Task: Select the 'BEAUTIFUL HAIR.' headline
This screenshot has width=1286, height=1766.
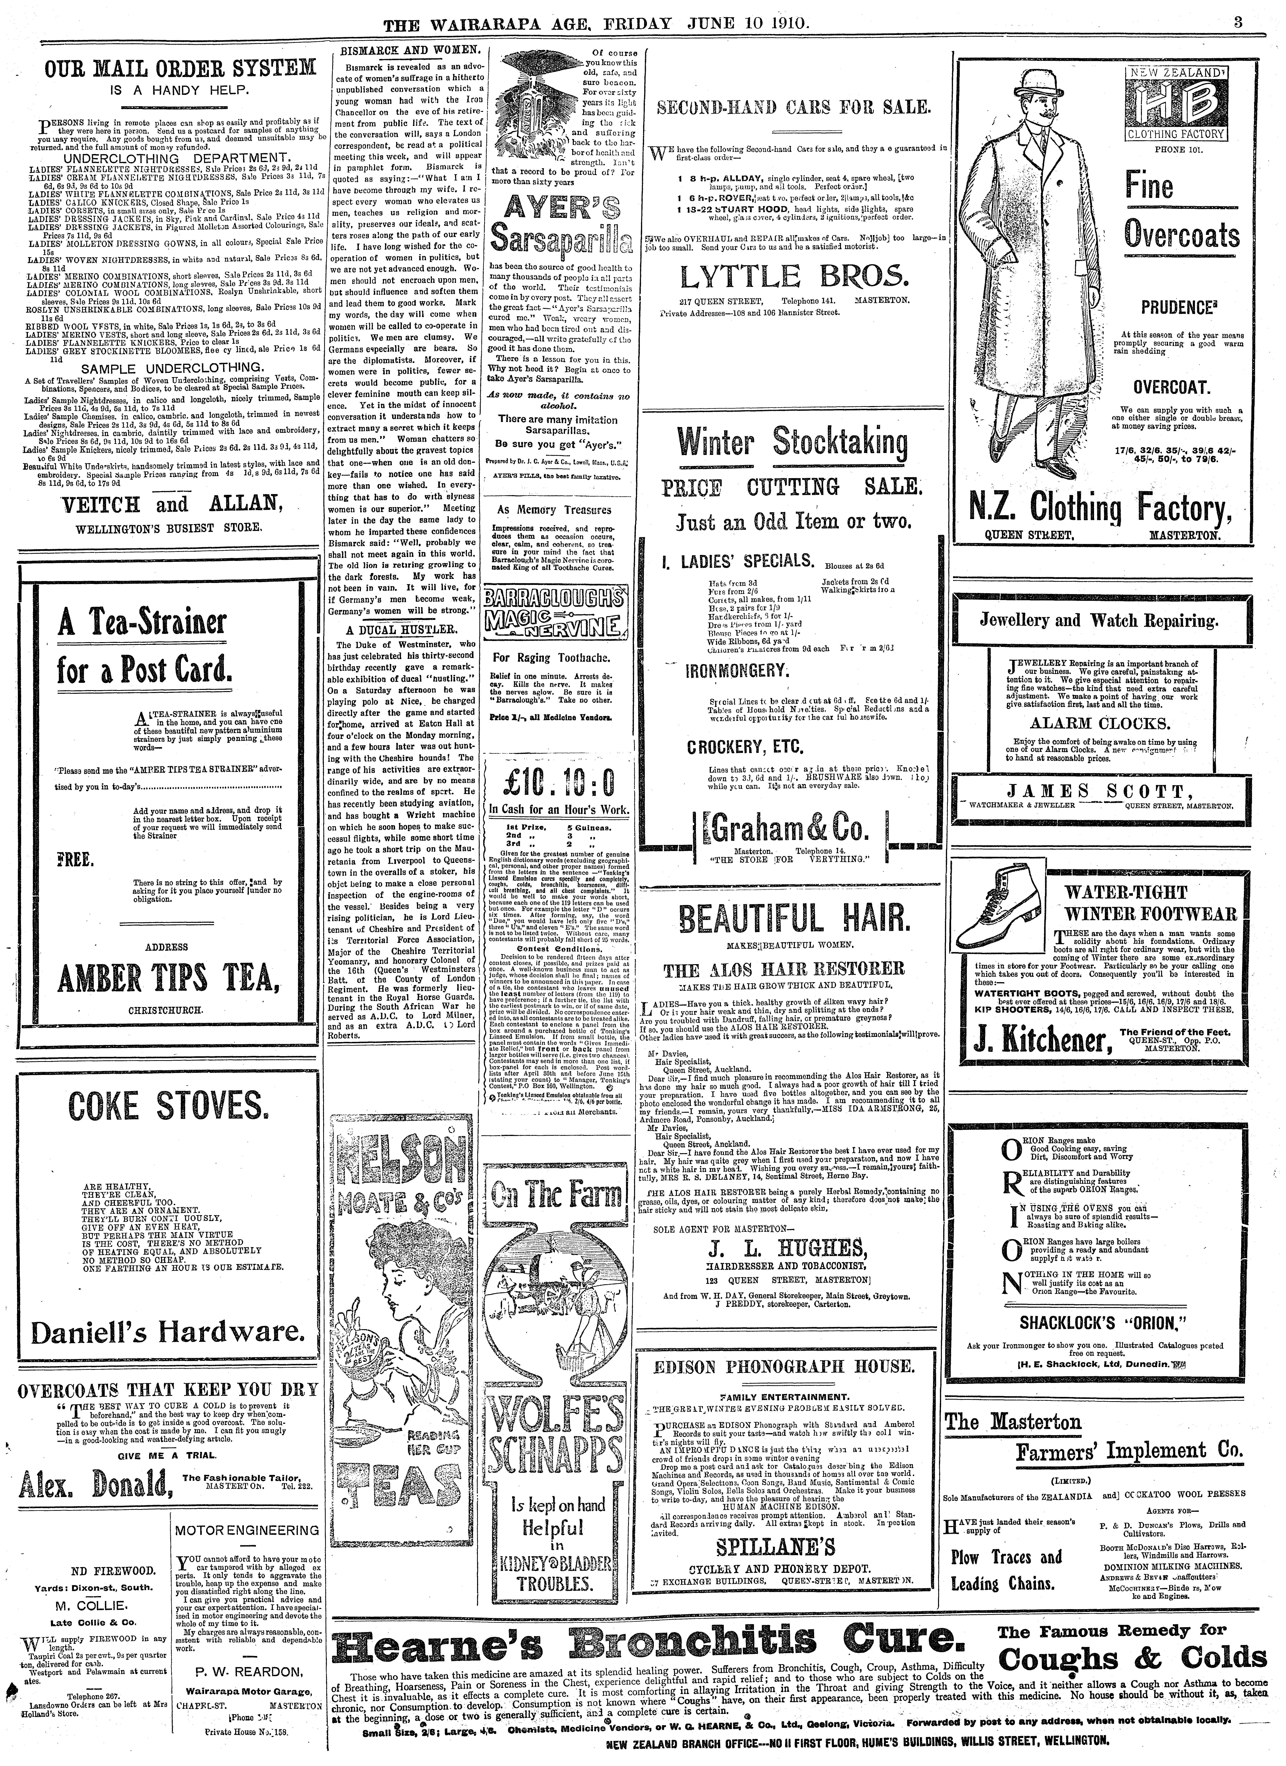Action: point(794,919)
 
